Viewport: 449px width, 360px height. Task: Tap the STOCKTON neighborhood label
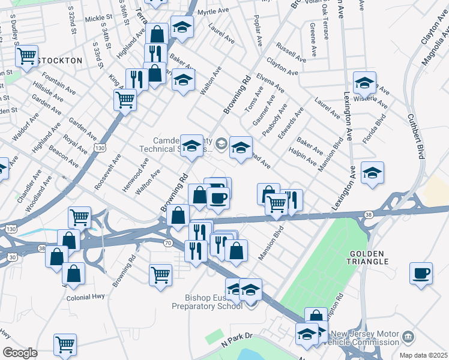click(59, 61)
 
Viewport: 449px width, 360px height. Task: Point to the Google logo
click(20, 353)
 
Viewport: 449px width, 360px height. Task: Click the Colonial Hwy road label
click(86, 297)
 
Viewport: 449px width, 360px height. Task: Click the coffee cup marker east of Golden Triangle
click(421, 273)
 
